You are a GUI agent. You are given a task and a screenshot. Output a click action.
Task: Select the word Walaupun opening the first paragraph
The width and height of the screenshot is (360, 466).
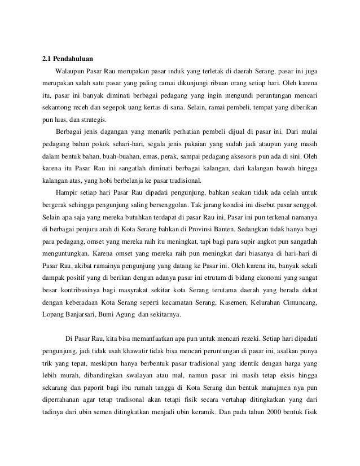pyautogui.click(x=71, y=71)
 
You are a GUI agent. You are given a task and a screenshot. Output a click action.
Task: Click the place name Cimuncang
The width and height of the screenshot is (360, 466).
pyautogui.click(x=295, y=304)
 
